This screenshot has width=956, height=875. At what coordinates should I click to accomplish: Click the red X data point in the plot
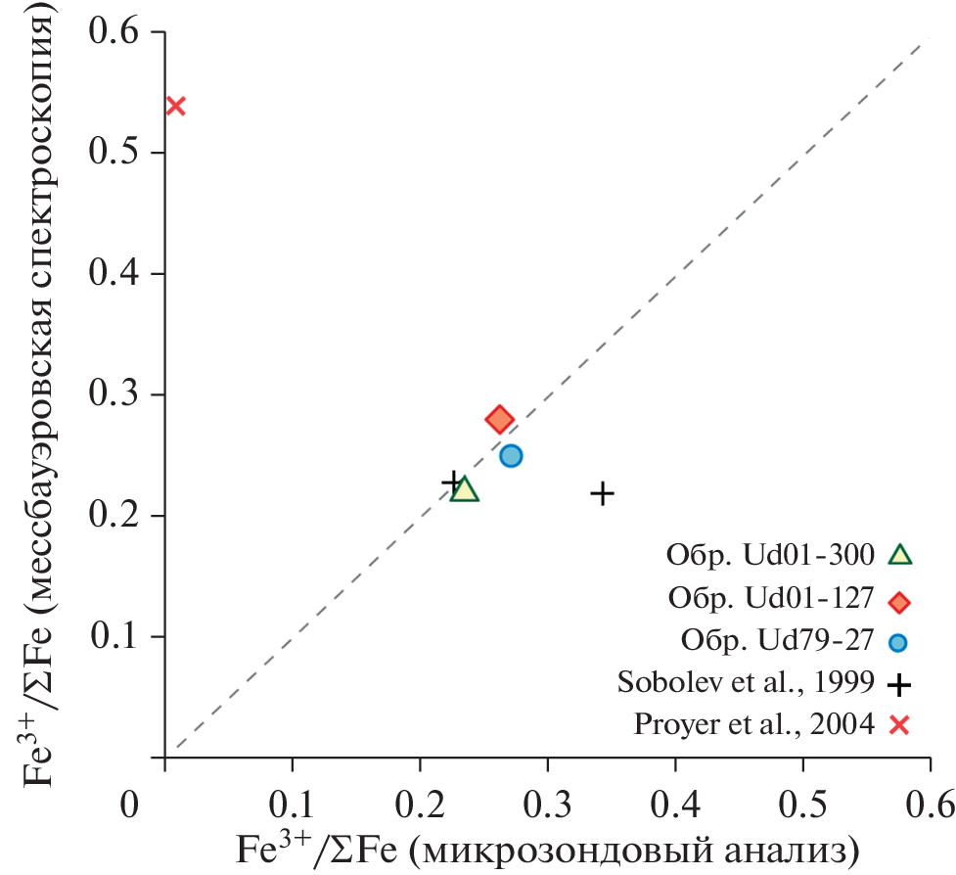point(176,106)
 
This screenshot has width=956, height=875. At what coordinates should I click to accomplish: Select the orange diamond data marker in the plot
point(499,420)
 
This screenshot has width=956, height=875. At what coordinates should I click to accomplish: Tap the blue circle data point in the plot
point(511,455)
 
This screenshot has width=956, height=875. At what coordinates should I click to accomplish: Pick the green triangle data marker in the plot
point(465,490)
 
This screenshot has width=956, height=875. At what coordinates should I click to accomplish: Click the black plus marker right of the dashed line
point(602,493)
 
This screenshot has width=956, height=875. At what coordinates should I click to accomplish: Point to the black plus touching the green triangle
point(451,482)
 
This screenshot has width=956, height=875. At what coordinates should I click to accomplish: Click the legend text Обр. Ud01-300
point(769,555)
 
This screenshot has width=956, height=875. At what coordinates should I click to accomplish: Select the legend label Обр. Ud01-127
point(769,599)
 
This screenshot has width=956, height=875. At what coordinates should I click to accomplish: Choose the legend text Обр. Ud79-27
point(774,641)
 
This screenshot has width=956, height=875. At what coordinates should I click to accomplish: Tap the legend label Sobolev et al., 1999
point(746,683)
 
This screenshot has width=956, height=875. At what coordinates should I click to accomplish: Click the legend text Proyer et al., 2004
point(752,725)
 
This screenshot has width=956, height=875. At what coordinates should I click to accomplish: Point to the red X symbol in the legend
point(899,725)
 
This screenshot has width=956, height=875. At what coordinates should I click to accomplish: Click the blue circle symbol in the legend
point(899,642)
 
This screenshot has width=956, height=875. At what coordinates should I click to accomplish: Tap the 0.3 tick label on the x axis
point(548,805)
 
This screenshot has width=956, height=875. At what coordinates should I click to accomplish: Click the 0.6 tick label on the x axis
point(930,805)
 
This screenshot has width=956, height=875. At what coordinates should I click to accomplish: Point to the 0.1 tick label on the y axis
point(116,637)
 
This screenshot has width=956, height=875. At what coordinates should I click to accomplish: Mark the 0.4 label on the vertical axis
point(116,274)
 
